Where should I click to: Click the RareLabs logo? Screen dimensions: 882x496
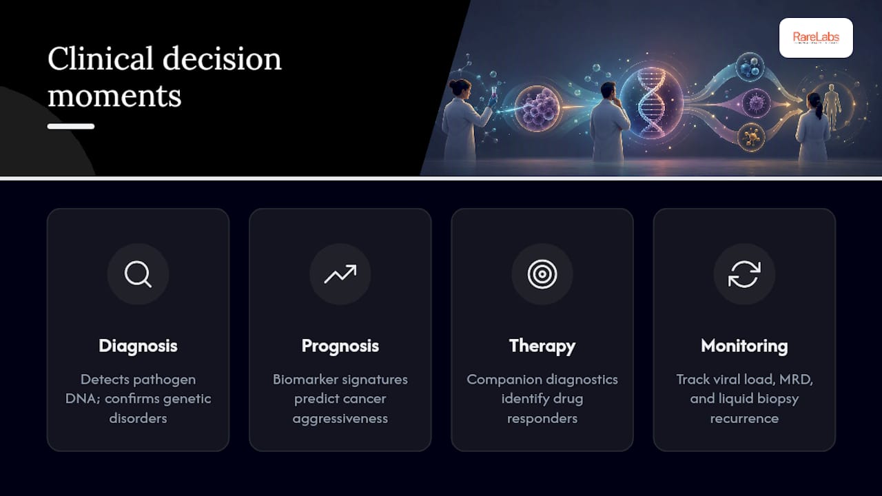point(816,38)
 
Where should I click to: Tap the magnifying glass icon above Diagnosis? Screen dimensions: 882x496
point(138,274)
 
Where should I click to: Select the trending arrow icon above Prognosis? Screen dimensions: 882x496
point(340,274)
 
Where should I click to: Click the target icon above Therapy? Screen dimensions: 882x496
point(542,274)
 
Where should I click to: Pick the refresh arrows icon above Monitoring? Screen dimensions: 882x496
point(744,274)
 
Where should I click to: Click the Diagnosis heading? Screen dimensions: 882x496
point(138,346)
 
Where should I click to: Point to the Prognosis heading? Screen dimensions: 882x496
point(340,346)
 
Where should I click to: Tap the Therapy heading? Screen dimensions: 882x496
point(542,346)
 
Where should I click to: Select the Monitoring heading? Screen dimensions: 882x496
point(744,346)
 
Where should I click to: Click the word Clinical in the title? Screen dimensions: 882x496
point(101,59)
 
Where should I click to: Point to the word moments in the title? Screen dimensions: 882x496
point(114,96)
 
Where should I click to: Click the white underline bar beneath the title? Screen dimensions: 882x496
point(71,126)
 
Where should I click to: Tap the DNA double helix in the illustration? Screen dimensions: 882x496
point(652,103)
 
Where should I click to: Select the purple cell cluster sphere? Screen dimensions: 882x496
point(539,108)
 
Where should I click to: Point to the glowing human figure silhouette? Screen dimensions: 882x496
point(832,105)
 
